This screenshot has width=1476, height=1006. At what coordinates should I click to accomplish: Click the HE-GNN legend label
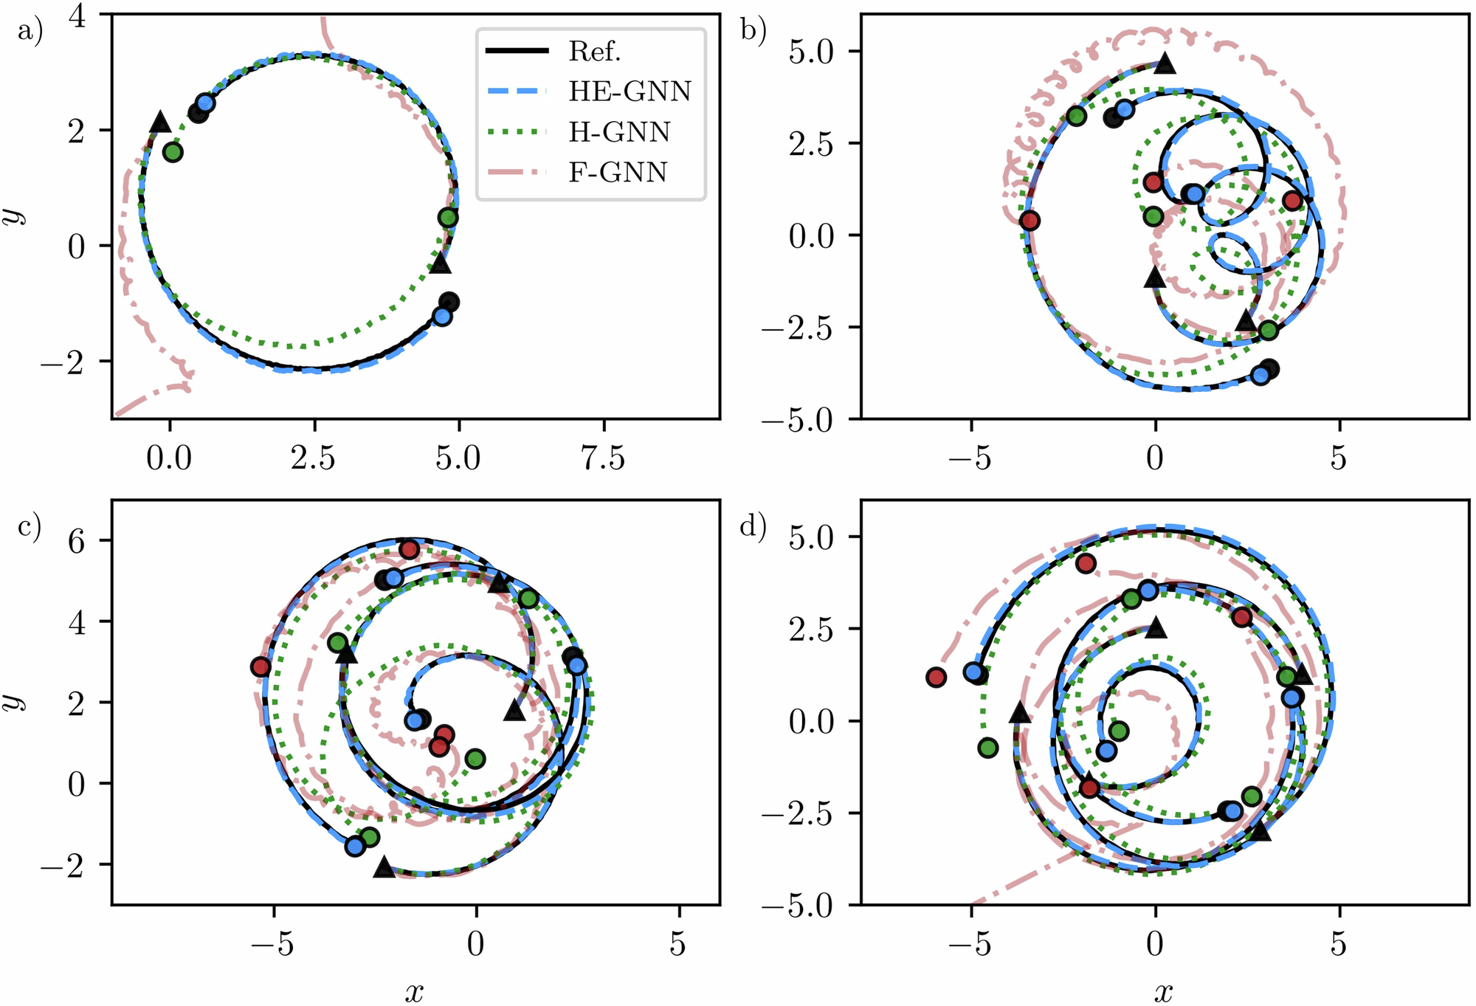click(629, 92)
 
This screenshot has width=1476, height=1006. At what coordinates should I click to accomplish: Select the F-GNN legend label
click(618, 173)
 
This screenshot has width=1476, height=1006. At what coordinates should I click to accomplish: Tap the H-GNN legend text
click(619, 132)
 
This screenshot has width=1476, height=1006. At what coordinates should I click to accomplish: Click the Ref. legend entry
click(594, 52)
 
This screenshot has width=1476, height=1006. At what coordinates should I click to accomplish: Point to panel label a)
click(30, 32)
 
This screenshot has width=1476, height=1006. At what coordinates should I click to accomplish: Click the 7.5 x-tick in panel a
click(603, 459)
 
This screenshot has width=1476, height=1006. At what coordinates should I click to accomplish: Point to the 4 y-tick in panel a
click(77, 15)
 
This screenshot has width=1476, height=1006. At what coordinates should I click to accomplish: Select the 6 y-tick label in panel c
click(77, 541)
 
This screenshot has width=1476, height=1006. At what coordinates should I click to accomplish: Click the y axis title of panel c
click(13, 701)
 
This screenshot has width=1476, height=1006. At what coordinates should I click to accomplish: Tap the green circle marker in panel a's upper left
click(173, 153)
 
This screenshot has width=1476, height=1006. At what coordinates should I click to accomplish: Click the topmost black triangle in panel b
click(1165, 63)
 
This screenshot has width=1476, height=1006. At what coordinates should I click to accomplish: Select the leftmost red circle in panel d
click(936, 677)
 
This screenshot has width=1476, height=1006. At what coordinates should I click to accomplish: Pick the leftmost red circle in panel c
click(261, 667)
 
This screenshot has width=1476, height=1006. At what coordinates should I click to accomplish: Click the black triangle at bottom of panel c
click(384, 867)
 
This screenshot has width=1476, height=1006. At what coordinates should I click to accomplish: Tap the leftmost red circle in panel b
click(1030, 221)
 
